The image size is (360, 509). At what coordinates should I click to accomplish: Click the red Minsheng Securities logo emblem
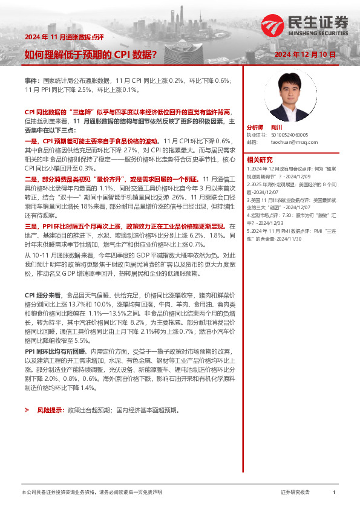coord(272,24)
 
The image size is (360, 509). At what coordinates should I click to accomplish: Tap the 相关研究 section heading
coord(260,160)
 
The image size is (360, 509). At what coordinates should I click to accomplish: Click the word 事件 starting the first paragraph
coord(31,80)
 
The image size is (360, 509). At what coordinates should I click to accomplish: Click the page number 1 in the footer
coord(334,493)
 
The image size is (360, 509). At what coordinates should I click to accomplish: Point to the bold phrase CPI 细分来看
coord(42,293)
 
